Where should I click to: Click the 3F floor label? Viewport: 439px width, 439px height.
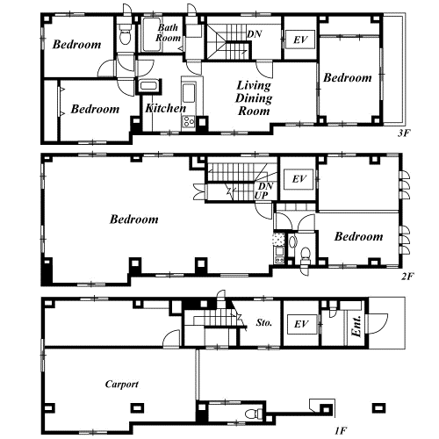click(404, 133)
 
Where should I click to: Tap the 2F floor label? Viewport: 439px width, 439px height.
click(407, 276)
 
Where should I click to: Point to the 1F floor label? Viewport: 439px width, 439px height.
click(341, 430)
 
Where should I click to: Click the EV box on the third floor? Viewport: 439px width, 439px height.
click(300, 40)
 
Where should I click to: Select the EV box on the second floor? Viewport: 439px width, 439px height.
click(299, 179)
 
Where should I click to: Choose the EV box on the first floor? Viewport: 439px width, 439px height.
click(302, 324)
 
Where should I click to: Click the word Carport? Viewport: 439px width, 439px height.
click(121, 384)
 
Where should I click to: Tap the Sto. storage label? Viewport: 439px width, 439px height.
click(264, 322)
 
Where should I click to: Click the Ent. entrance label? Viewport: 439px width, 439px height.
click(356, 327)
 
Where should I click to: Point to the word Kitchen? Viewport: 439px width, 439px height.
click(166, 108)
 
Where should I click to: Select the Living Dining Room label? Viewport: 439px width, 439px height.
click(254, 98)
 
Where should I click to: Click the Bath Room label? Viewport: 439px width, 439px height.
click(168, 32)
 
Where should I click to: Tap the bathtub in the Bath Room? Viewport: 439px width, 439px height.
click(151, 35)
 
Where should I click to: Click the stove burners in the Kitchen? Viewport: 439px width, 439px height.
click(189, 121)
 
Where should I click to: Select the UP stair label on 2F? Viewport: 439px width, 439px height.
click(261, 196)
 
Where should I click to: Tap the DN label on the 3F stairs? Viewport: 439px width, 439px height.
click(255, 34)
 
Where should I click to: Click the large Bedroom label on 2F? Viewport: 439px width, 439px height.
click(134, 219)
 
